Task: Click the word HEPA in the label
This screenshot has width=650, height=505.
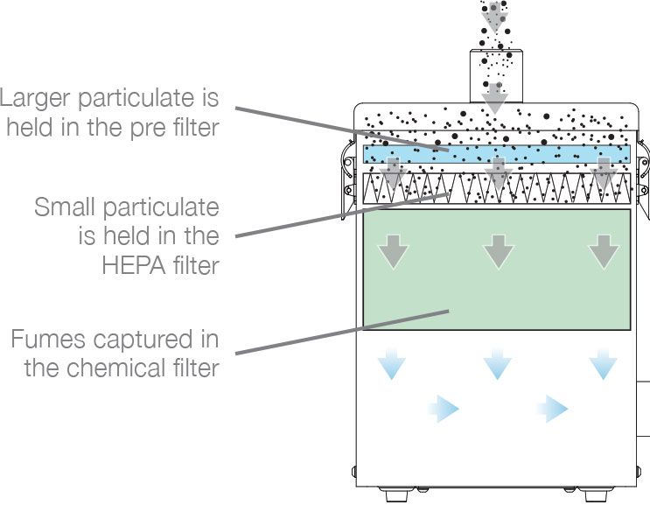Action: coord(132,264)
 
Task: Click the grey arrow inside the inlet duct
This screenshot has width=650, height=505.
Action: coord(496,95)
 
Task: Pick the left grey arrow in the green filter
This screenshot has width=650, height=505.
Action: coord(392,251)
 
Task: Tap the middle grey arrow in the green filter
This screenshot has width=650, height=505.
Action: coord(498,251)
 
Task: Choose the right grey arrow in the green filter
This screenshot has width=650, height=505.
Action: coord(603,251)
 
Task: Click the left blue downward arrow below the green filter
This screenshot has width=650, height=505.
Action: coord(392,363)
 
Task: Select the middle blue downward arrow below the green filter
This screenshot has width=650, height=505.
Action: coord(498,363)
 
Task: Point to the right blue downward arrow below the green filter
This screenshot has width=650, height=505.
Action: coord(603,363)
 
